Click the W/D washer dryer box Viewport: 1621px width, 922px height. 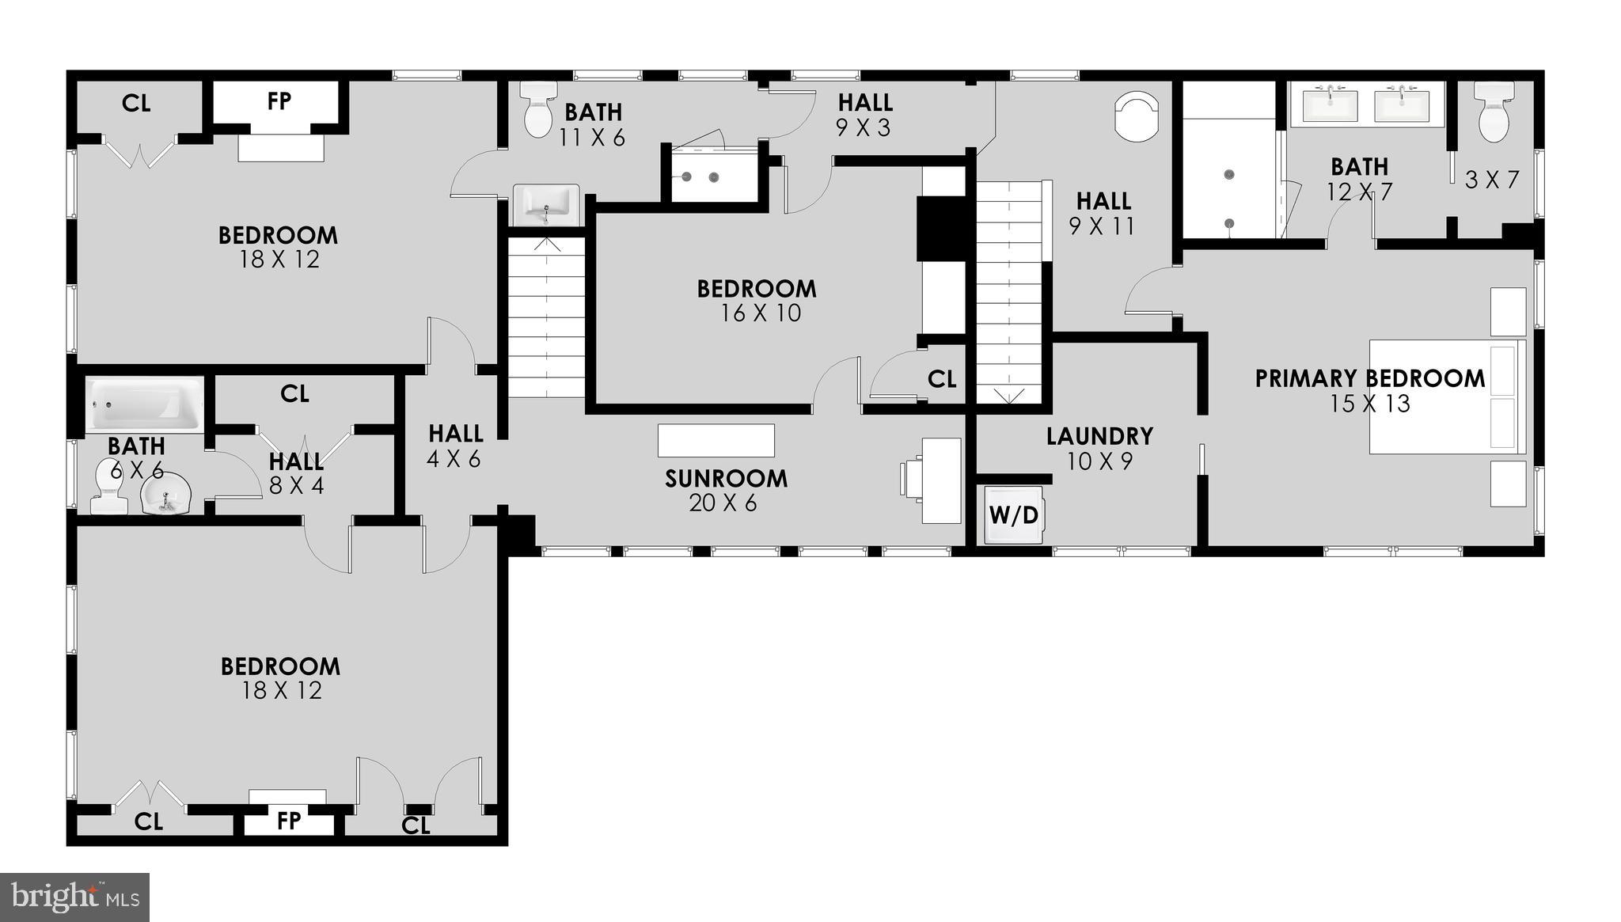click(x=1014, y=516)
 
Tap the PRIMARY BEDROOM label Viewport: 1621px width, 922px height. click(x=1370, y=379)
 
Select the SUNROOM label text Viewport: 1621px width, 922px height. click(x=726, y=479)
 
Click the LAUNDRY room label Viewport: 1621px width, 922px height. click(x=1099, y=436)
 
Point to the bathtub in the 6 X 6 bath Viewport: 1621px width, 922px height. click(x=144, y=404)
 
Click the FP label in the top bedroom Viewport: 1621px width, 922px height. click(x=279, y=101)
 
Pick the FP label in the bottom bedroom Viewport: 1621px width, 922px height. click(x=289, y=821)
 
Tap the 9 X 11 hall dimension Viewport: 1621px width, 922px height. click(x=1102, y=226)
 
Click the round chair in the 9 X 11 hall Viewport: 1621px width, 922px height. click(x=1137, y=116)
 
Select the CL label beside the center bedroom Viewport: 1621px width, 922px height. click(x=941, y=380)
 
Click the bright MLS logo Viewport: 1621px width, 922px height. click(x=75, y=897)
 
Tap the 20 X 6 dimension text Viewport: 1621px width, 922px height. click(x=723, y=503)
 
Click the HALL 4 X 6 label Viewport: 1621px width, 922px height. click(x=455, y=446)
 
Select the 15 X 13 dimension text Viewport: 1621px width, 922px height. click(x=1369, y=404)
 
